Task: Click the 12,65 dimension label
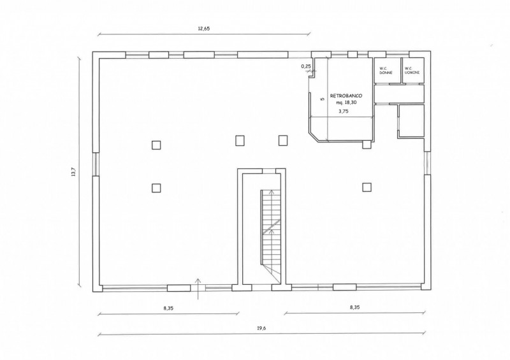pyautogui.click(x=204, y=28)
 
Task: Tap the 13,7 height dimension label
pyautogui.click(x=73, y=171)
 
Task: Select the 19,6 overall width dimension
pyautogui.click(x=261, y=328)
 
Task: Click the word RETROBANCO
pyautogui.click(x=346, y=96)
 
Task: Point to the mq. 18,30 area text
pyautogui.click(x=346, y=103)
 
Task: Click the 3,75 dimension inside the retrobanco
pyautogui.click(x=344, y=111)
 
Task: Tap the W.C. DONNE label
pyautogui.click(x=386, y=71)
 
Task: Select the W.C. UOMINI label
pyautogui.click(x=412, y=71)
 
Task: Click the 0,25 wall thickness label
pyautogui.click(x=306, y=66)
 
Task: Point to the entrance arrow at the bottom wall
pyautogui.click(x=198, y=289)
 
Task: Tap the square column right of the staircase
pyautogui.click(x=367, y=187)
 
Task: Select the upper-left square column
pyautogui.click(x=156, y=145)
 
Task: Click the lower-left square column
pyautogui.click(x=156, y=188)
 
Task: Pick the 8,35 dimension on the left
pyautogui.click(x=168, y=308)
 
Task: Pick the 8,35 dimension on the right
pyautogui.click(x=355, y=306)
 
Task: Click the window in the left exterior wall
pyautogui.click(x=96, y=164)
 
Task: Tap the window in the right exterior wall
pyautogui.click(x=428, y=163)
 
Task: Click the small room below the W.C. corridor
pyautogui.click(x=412, y=120)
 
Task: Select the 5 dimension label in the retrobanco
pyautogui.click(x=323, y=99)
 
